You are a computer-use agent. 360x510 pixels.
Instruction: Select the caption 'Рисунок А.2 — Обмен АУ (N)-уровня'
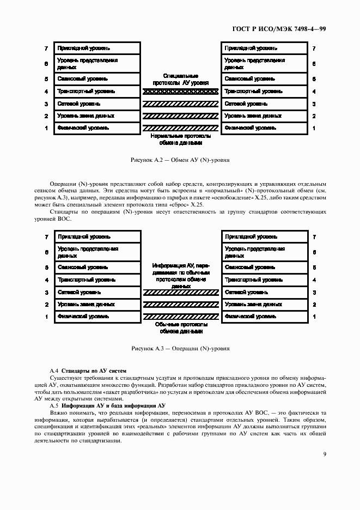pos(180,161)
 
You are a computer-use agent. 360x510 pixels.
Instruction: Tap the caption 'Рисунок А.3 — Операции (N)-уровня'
pos(180,348)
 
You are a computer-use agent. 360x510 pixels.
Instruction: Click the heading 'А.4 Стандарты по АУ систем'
pos(89,371)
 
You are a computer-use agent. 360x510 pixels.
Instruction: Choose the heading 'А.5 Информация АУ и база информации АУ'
pos(107,406)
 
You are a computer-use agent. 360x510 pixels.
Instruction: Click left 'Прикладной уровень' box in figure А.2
pos(96,48)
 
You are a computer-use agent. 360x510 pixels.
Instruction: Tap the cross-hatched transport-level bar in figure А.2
pos(180,92)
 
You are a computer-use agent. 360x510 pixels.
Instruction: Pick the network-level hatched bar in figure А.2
pos(180,104)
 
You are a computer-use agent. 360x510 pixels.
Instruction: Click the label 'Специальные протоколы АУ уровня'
pos(180,80)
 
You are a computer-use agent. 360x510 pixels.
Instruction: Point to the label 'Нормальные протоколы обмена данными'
pos(180,139)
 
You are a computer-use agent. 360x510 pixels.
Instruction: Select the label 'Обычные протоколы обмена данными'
pos(180,327)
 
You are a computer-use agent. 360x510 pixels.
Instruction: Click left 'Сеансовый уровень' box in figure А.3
pos(96,268)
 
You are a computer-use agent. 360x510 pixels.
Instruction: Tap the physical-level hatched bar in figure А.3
pos(180,316)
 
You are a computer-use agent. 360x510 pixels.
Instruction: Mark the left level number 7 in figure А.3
pos(47,237)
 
